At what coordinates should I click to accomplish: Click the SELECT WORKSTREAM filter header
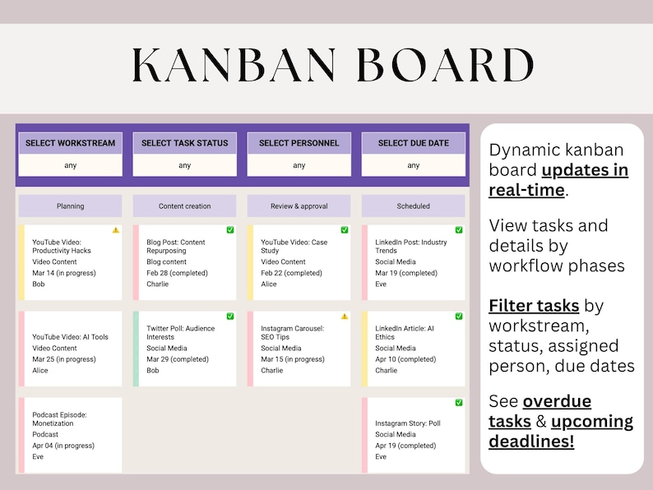[70, 143]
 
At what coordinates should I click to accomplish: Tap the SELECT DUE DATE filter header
[414, 143]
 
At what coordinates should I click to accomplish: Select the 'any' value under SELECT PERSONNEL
[299, 165]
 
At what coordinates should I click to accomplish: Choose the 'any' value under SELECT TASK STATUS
[185, 165]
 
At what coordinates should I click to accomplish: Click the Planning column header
[70, 206]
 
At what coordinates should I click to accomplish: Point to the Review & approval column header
[299, 206]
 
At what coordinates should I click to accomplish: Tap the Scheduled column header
[414, 206]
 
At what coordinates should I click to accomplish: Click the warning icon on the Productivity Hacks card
[116, 230]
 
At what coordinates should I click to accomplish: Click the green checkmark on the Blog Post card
[230, 230]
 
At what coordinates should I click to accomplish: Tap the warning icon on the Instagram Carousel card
[345, 316]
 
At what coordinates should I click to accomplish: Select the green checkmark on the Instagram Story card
[459, 403]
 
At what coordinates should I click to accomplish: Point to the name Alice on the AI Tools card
[40, 371]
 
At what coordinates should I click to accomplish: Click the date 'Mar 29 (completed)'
[178, 359]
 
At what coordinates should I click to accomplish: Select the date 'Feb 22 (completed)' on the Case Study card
[291, 273]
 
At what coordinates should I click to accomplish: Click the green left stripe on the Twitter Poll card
[136, 349]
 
